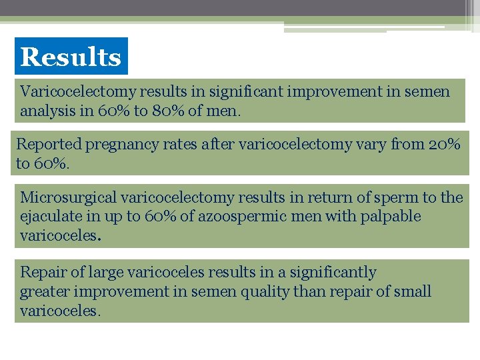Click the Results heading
tap(71, 57)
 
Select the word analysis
tap(47, 111)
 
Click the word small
tap(412, 291)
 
